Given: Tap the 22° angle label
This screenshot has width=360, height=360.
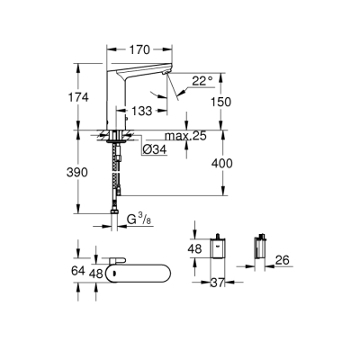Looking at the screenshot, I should tap(203, 80).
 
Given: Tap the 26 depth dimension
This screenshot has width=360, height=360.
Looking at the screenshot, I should tap(282, 261).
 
